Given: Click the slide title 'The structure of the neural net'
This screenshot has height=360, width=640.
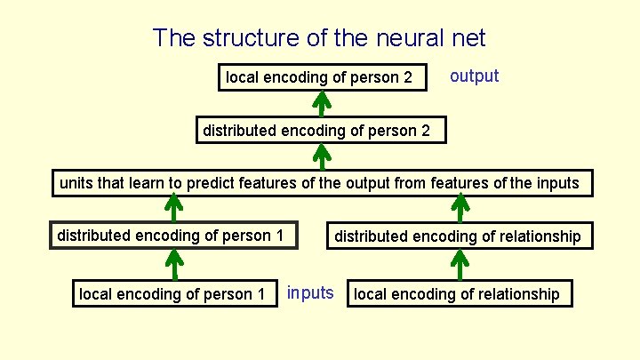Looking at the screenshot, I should click(319, 38).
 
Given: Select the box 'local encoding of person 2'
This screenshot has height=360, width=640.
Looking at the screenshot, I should click(319, 77).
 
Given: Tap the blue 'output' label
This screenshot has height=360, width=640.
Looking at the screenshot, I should click(475, 76).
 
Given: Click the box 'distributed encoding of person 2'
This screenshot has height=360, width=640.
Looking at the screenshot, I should click(316, 131).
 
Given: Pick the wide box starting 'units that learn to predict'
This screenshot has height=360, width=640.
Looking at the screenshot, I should click(319, 184).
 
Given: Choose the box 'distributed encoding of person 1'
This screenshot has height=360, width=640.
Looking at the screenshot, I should click(171, 236).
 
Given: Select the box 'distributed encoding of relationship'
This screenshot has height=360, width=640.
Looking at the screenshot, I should click(457, 236).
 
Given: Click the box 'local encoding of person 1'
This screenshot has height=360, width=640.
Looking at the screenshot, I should click(172, 294).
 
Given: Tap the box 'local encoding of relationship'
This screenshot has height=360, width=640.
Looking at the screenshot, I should click(457, 294).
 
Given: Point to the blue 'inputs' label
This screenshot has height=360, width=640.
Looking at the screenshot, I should click(310, 293).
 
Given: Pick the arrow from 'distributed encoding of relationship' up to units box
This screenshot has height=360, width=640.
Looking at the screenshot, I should click(460, 210).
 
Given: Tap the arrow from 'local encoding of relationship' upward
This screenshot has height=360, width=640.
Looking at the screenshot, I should click(460, 265).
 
